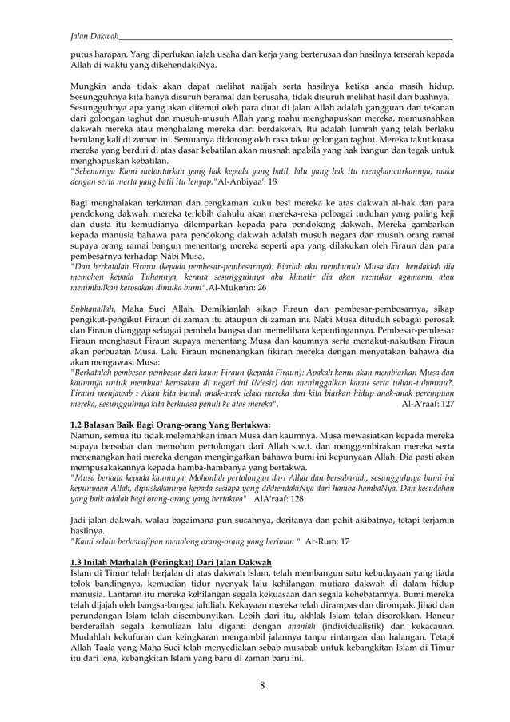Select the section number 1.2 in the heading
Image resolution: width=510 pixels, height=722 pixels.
tap(79, 425)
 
